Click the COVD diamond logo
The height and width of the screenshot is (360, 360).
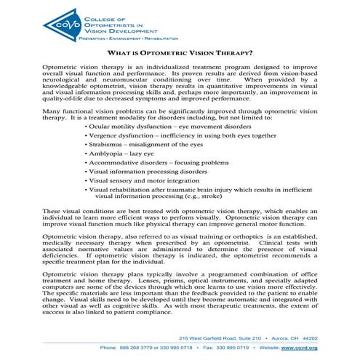61,23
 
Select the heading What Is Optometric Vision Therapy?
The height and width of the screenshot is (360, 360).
180,53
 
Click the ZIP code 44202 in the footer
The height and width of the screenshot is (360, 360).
309,338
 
